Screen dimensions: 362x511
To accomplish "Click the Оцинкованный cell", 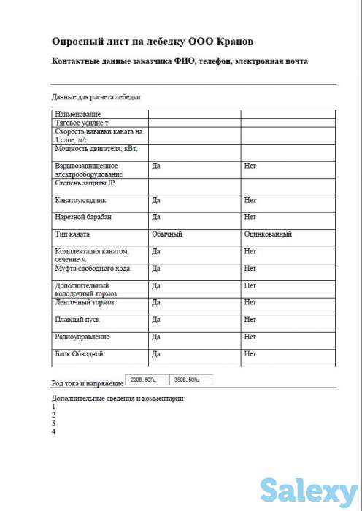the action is [x=268, y=234].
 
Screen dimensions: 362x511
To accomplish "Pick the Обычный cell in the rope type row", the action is [x=166, y=234].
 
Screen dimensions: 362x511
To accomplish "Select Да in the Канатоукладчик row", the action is [x=155, y=200].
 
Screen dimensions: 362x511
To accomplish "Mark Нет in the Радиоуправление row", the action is [x=250, y=337].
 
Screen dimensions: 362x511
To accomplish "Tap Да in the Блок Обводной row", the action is [x=155, y=353].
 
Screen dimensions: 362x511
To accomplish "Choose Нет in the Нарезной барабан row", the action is [x=250, y=217].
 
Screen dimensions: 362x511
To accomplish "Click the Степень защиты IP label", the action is [x=85, y=182].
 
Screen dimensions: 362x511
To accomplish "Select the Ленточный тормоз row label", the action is [x=85, y=301].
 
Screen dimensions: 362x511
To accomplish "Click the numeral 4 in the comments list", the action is [x=54, y=431].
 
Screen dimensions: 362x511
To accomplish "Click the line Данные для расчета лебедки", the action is [x=96, y=96].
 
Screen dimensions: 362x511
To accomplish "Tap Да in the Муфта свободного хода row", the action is [x=155, y=268].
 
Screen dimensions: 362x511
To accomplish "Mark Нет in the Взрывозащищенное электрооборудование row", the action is [x=250, y=166].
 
